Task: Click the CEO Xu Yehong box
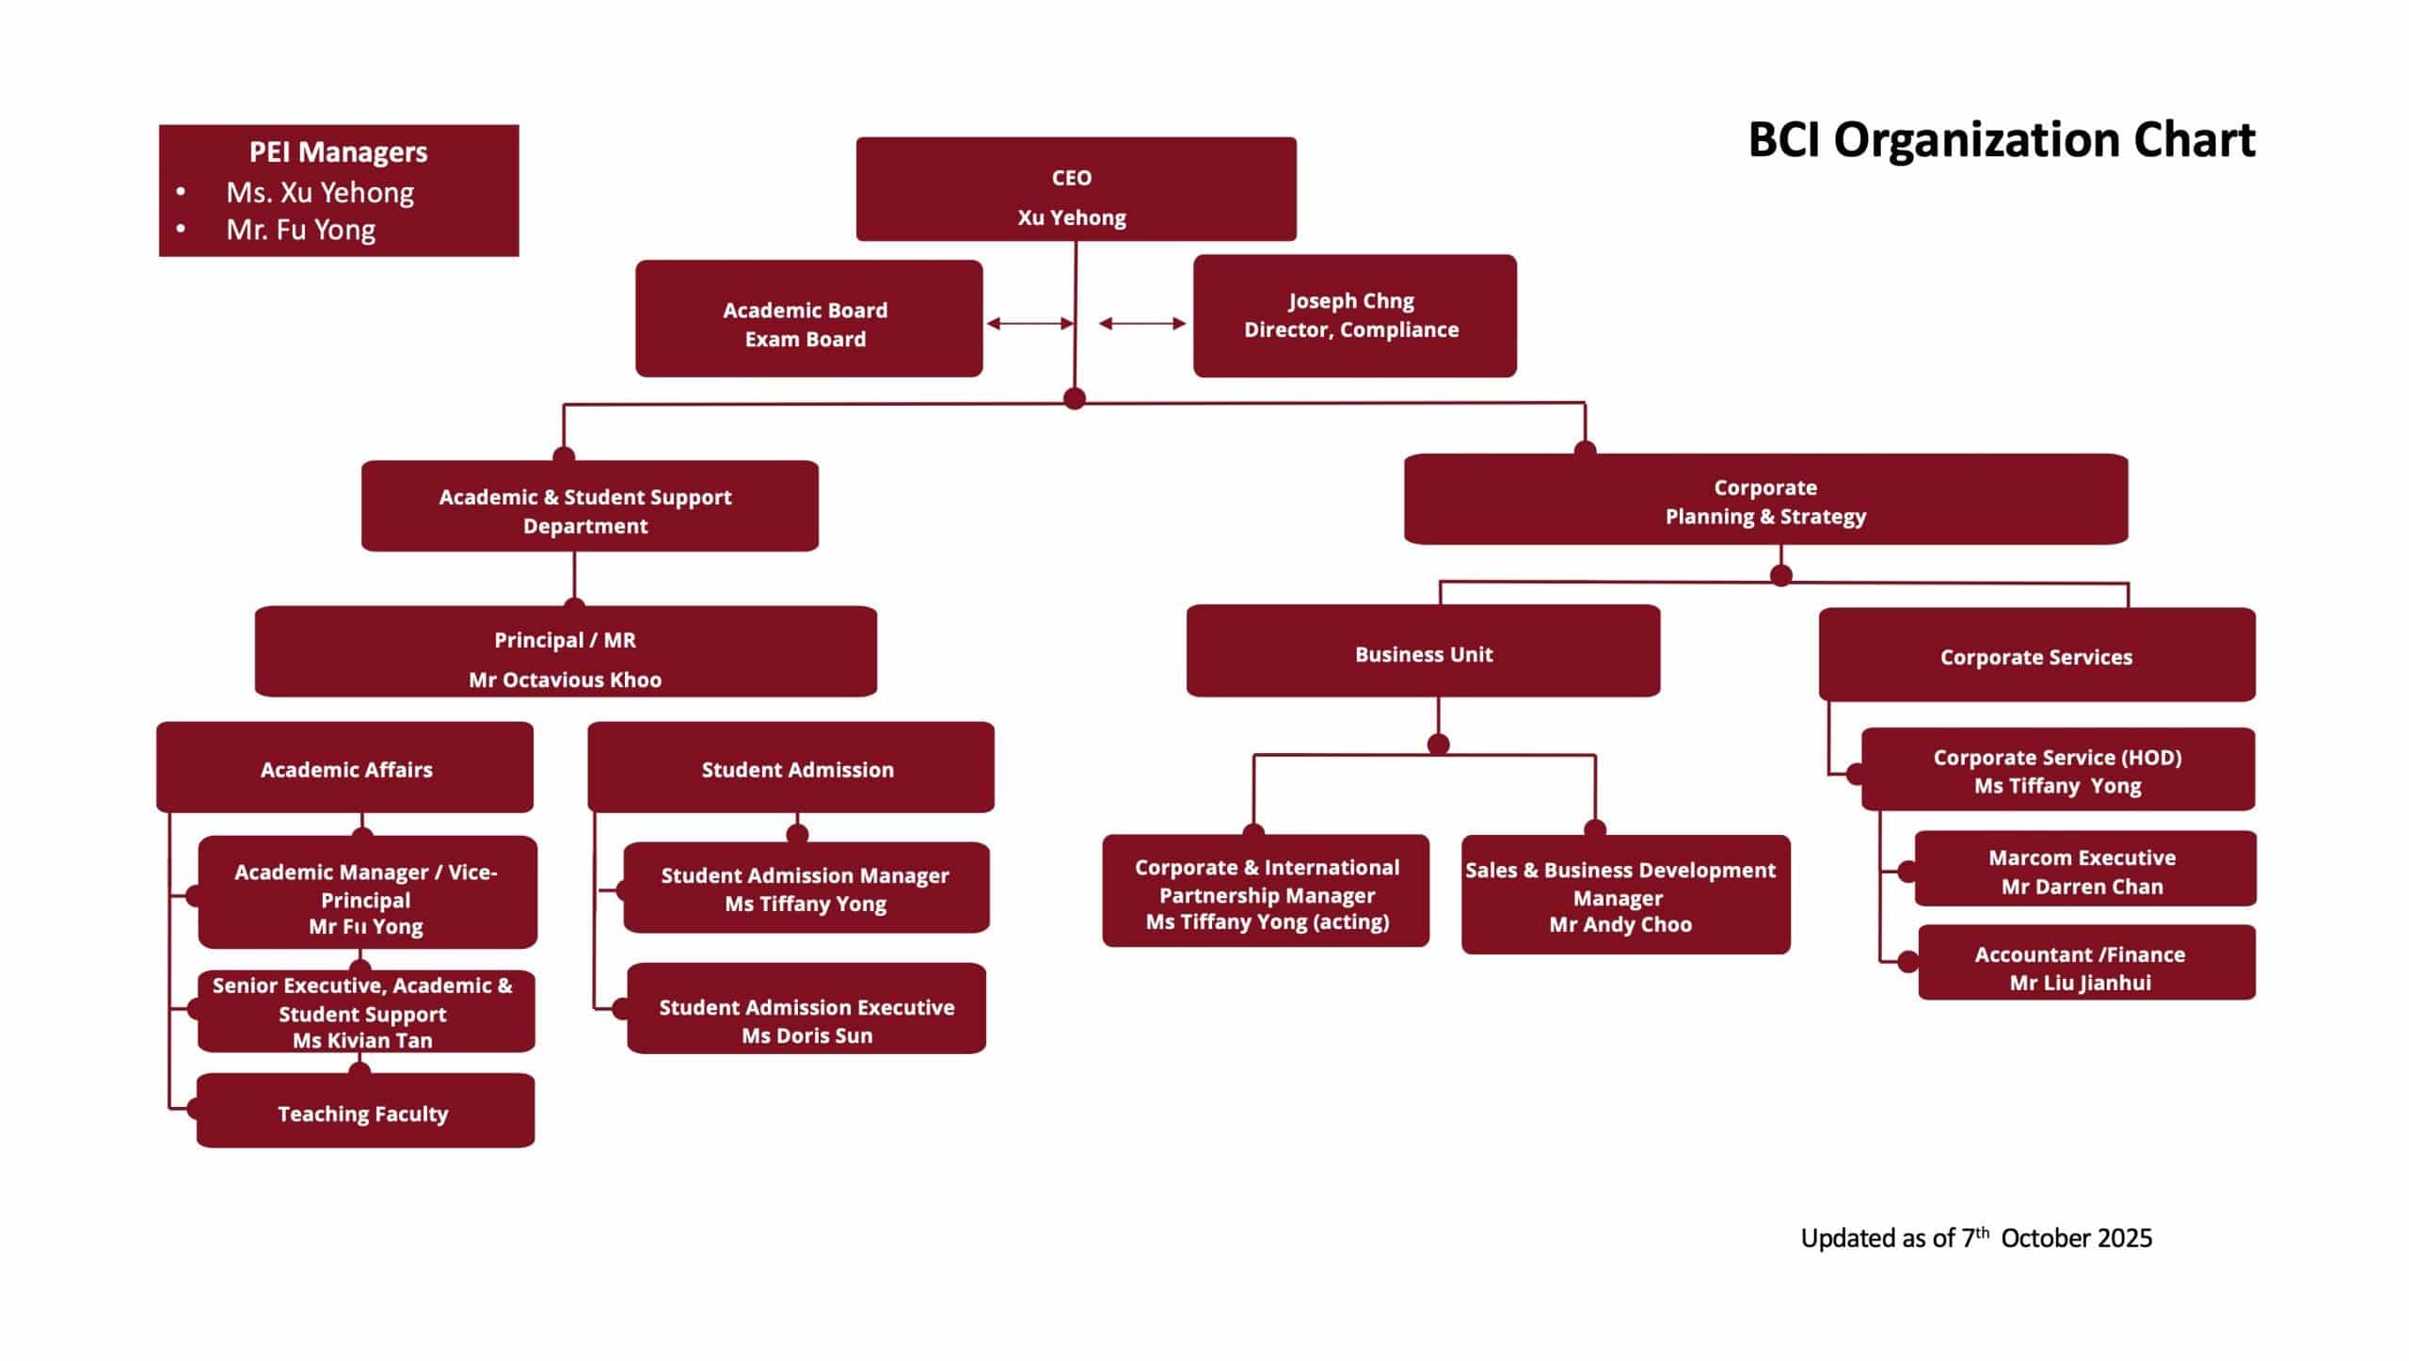[1076, 189]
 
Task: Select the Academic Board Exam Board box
[808, 319]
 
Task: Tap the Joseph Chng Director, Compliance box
[1354, 316]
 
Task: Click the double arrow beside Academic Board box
[1029, 324]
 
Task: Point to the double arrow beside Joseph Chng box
[1142, 324]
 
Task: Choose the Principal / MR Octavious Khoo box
[566, 651]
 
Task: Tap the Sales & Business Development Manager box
[1625, 895]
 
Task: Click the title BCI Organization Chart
[2001, 140]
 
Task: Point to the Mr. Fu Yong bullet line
[301, 230]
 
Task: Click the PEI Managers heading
[338, 152]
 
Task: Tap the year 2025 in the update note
[2125, 1238]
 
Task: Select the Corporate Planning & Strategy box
[1765, 500]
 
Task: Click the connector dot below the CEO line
[1075, 398]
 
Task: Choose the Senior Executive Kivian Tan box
[366, 1012]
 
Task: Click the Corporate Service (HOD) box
[2057, 770]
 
